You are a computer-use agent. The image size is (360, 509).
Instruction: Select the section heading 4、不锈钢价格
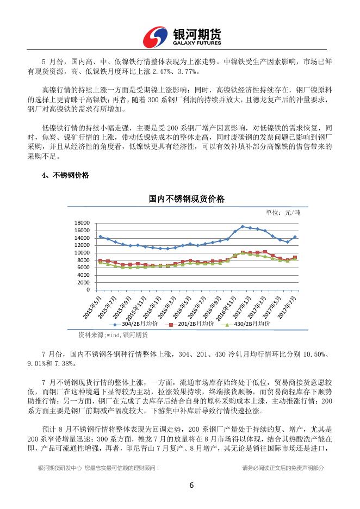(65, 175)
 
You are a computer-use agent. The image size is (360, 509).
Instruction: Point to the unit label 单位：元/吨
(283, 212)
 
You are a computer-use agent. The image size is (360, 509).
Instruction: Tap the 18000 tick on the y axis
(82, 223)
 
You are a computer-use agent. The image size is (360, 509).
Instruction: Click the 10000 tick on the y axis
(82, 252)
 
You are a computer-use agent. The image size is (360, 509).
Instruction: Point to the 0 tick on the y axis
(88, 290)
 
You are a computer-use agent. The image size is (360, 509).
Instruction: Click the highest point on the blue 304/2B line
(243, 226)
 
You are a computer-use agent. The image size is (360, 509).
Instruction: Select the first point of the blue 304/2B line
(100, 237)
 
